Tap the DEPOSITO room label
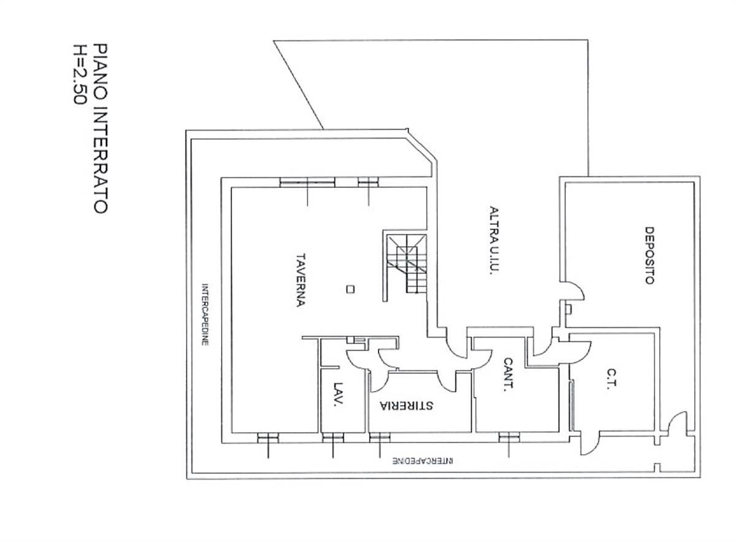[650, 255]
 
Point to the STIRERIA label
[407, 405]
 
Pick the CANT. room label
[508, 374]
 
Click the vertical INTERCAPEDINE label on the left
[205, 314]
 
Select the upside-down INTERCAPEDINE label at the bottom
[423, 460]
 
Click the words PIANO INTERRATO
[100, 129]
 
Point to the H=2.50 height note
[79, 74]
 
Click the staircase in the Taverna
[407, 264]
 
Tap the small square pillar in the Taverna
[351, 289]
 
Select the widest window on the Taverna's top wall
[307, 182]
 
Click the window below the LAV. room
[333, 438]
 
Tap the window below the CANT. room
[509, 438]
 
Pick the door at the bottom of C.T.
[590, 443]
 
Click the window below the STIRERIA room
[380, 438]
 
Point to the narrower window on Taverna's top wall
[369, 182]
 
